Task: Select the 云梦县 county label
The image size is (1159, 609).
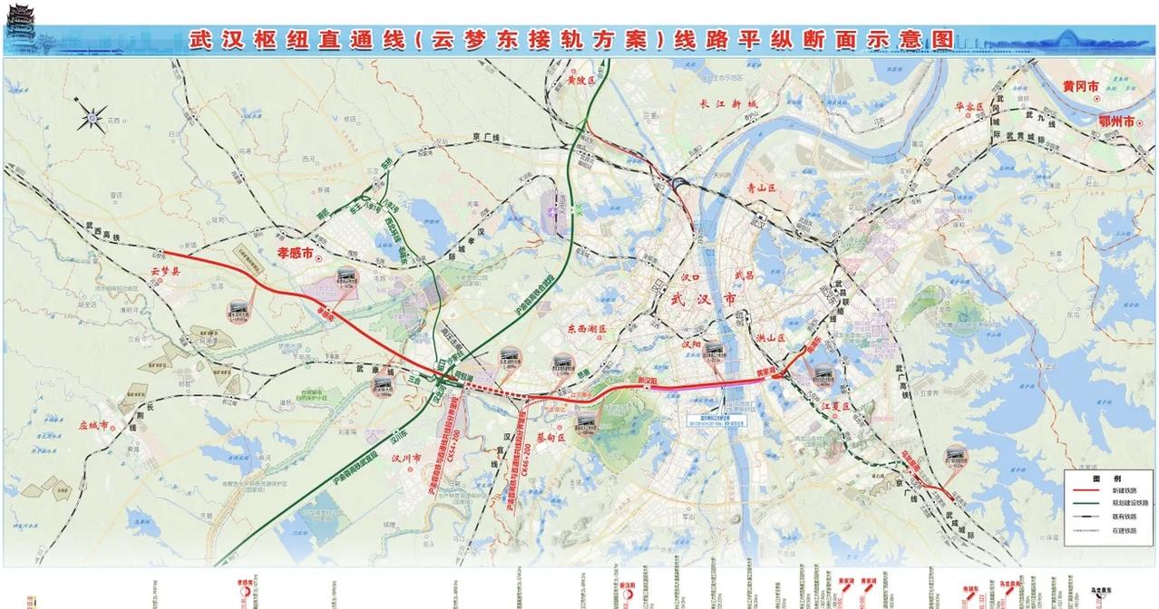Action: click(166, 270)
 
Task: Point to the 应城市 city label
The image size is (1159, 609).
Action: click(93, 424)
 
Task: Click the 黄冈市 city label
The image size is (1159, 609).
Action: click(1081, 86)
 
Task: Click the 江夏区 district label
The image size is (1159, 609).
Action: click(832, 407)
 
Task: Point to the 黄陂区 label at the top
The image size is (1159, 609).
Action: click(579, 81)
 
